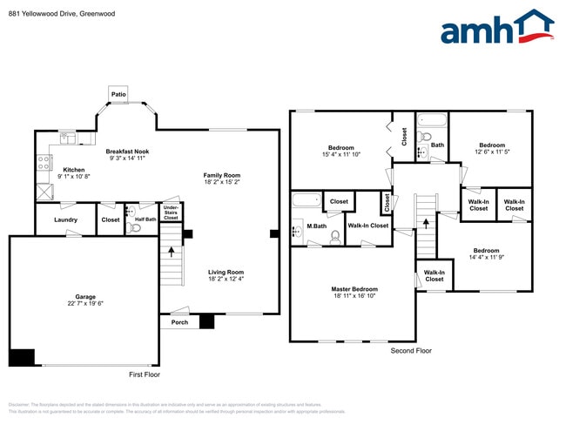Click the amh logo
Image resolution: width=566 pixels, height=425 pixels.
point(497,28)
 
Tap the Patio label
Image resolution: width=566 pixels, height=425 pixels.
point(118,93)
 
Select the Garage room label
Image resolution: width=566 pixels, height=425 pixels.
point(85,296)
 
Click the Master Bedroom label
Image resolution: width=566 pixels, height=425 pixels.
point(354,288)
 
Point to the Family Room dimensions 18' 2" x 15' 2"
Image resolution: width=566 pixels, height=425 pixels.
point(223,182)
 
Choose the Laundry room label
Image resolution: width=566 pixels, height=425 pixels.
point(65,219)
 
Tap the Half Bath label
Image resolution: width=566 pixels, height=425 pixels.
point(145,219)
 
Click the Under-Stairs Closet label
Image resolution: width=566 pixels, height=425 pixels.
point(171,212)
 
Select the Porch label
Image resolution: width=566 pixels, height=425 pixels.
point(179,322)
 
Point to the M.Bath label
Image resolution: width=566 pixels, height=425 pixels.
point(316,226)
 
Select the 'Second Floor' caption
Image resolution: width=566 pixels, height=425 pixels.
point(411,350)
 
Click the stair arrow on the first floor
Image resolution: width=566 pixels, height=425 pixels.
point(171,253)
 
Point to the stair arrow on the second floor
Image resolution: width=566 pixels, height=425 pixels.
point(426,222)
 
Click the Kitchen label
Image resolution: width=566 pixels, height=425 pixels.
point(73,169)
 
